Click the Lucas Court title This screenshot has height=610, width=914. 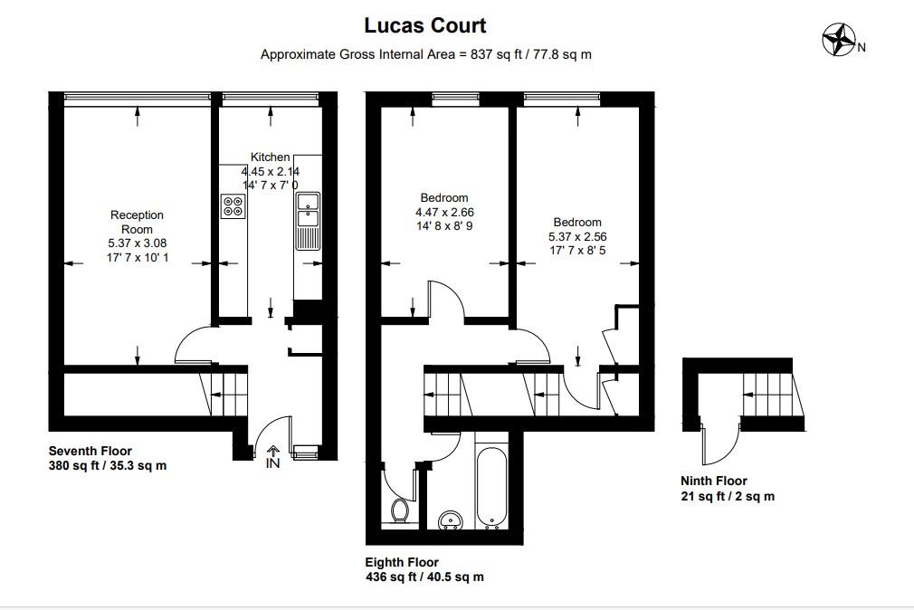(425, 25)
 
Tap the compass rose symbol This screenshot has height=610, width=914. (839, 40)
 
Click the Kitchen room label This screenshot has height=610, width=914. (270, 157)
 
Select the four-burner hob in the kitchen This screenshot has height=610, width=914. (233, 206)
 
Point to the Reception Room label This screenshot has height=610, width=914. (137, 222)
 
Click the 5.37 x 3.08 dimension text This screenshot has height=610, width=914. (137, 243)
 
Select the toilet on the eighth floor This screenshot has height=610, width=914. (400, 511)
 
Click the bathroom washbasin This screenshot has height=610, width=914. (450, 521)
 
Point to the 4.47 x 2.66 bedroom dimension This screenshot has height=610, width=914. (444, 214)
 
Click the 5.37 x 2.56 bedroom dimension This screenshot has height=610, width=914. (577, 238)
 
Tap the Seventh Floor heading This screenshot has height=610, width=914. (90, 451)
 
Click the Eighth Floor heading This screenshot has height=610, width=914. (402, 563)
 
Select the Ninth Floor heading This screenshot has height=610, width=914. (714, 481)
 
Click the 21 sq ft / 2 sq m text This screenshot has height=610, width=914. (728, 496)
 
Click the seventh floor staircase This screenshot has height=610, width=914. (226, 392)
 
